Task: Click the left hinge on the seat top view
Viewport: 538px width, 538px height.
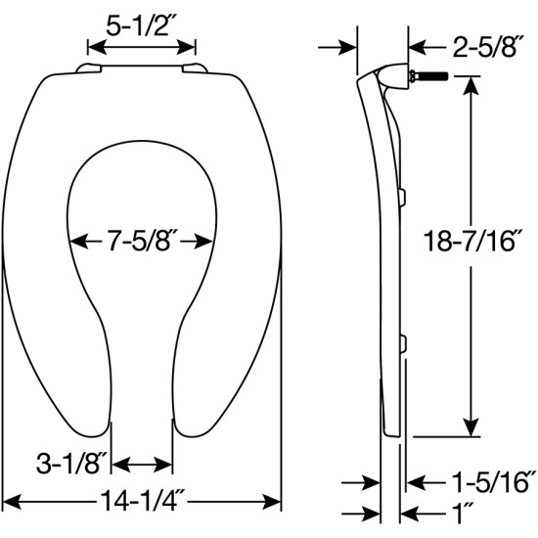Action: click(x=91, y=67)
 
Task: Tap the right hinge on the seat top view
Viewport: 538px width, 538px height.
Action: click(x=196, y=67)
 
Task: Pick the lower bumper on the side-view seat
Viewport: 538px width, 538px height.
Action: click(x=401, y=341)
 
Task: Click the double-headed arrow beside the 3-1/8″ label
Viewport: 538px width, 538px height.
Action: click(x=143, y=464)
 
